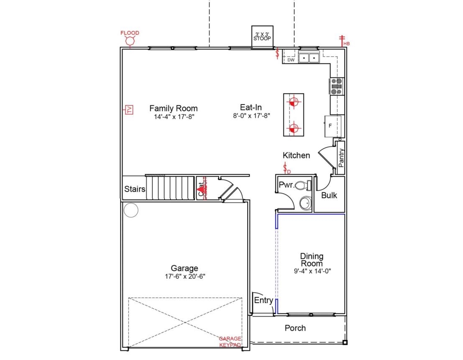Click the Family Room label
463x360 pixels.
(173, 108)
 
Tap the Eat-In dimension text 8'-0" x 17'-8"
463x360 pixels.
(251, 116)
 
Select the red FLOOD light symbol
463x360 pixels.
(130, 41)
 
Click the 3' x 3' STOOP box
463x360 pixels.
(262, 36)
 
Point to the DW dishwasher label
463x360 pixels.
(291, 60)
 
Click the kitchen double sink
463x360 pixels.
(309, 58)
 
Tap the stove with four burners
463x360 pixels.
(337, 87)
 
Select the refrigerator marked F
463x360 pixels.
(333, 125)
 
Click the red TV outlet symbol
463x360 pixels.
(129, 110)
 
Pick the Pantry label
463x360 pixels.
(341, 158)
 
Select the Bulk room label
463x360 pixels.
(329, 195)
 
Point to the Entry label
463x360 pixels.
(263, 300)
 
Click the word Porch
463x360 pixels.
(295, 328)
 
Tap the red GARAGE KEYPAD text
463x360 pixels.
(230, 342)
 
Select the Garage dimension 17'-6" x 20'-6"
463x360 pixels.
(184, 276)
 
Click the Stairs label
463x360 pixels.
(135, 189)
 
